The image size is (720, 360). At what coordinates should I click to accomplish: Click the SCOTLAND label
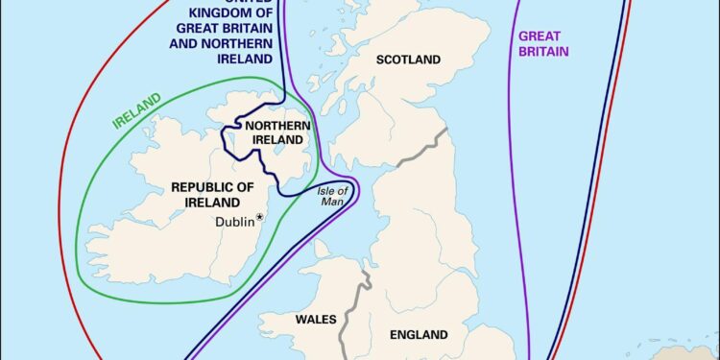pos(408,60)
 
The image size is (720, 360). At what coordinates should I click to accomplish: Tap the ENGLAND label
pos(418,335)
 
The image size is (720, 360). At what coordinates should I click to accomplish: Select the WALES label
pos(316,319)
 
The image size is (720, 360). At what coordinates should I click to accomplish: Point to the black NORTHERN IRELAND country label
pos(276,134)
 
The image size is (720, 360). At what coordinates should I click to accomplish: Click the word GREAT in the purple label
pos(540,36)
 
